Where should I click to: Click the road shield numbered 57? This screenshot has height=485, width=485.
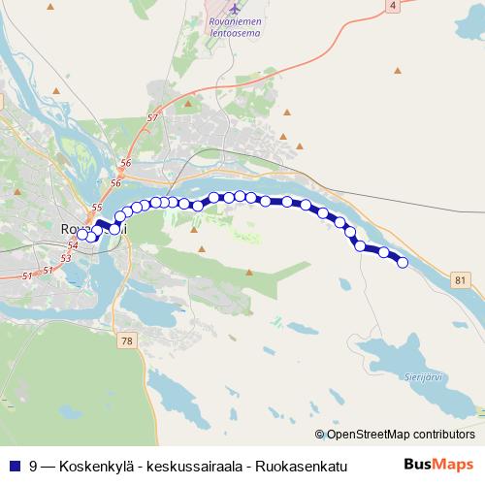coord(152,118)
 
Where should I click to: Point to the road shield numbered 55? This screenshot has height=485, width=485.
coord(96,208)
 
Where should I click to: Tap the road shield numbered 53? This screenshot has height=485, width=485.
coord(65,259)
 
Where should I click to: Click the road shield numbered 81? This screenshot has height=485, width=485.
coord(460,279)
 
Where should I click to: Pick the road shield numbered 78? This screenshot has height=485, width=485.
coord(127,340)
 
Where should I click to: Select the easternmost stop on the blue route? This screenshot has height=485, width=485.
coord(403,262)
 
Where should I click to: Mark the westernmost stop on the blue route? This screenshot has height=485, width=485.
coord(82,234)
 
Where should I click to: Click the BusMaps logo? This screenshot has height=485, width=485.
coord(437,465)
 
